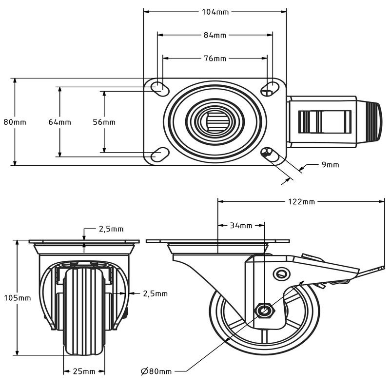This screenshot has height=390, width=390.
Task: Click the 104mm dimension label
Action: pyautogui.click(x=215, y=12)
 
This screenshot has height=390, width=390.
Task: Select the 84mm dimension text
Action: pyautogui.click(x=215, y=35)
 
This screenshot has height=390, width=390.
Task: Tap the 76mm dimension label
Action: pyautogui.click(x=215, y=58)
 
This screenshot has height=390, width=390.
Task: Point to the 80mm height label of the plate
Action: pyautogui.click(x=15, y=122)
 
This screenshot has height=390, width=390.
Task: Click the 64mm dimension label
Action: pyautogui.click(x=59, y=122)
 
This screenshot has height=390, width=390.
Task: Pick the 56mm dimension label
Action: pyautogui.click(x=104, y=122)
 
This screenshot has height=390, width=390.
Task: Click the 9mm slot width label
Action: pyautogui.click(x=330, y=165)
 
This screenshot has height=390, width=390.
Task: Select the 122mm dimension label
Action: pyautogui.click(x=301, y=201)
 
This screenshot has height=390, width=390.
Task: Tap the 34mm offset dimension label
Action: pyautogui.click(x=241, y=225)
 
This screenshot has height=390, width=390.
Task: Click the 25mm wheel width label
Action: pyautogui.click(x=84, y=371)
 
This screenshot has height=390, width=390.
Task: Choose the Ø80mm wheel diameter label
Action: pyautogui.click(x=156, y=371)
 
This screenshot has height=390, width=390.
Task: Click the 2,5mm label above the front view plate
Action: pyautogui.click(x=111, y=229)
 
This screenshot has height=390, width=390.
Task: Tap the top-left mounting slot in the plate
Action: pyautogui.click(x=158, y=87)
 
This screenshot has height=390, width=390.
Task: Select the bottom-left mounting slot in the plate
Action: pyautogui.click(x=157, y=156)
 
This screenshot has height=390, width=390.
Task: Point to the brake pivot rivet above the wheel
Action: pyautogui.click(x=281, y=273)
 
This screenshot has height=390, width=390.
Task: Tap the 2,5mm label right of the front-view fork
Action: pyautogui.click(x=155, y=293)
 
